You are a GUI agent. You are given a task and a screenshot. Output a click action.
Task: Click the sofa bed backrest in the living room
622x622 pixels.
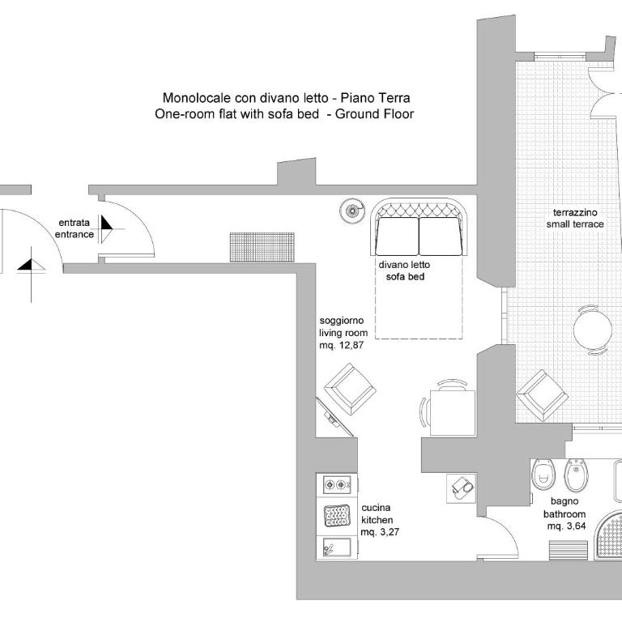pyautogui.click(x=419, y=207)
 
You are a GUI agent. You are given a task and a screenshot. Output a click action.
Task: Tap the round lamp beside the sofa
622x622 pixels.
pyautogui.click(x=351, y=211)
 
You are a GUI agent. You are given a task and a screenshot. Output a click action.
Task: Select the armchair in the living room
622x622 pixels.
pyautogui.click(x=350, y=389)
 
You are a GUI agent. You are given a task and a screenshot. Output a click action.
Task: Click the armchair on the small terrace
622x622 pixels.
pyautogui.click(x=543, y=395)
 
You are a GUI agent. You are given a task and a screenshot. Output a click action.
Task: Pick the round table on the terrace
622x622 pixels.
pyautogui.click(x=593, y=330)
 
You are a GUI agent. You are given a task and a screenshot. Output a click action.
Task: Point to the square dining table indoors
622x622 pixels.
pyautogui.click(x=453, y=413)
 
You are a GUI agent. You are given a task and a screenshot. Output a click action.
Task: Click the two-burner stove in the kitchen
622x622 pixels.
pyautogui.click(x=337, y=484)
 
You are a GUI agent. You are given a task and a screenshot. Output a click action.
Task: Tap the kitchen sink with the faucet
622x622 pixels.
pyautogui.click(x=337, y=547)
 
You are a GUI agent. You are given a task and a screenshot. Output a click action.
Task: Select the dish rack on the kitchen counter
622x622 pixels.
pyautogui.click(x=337, y=516)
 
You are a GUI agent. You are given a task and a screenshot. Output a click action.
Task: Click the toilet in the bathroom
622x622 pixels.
pyautogui.click(x=543, y=475)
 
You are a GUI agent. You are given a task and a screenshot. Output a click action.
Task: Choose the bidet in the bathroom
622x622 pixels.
pyautogui.click(x=576, y=475)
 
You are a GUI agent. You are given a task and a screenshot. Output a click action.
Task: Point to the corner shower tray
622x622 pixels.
pyautogui.click(x=608, y=535)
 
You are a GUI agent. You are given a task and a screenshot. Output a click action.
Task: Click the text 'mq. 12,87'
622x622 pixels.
pyautogui.click(x=342, y=345)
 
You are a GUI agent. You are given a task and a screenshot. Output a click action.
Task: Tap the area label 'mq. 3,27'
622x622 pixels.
pyautogui.click(x=380, y=532)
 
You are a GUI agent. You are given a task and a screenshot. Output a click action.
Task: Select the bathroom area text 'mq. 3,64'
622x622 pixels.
pyautogui.click(x=566, y=526)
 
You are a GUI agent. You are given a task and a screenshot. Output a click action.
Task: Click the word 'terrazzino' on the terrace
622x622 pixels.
pyautogui.click(x=575, y=213)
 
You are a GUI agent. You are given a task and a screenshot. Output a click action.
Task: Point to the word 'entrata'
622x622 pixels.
pyautogui.click(x=75, y=223)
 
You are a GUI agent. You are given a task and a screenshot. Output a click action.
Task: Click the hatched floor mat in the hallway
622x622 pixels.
pyautogui.click(x=262, y=247)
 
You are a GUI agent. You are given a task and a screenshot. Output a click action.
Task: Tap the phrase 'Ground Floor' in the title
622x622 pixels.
pyautogui.click(x=374, y=114)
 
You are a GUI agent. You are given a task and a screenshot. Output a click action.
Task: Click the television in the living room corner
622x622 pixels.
pyautogui.click(x=334, y=416)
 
